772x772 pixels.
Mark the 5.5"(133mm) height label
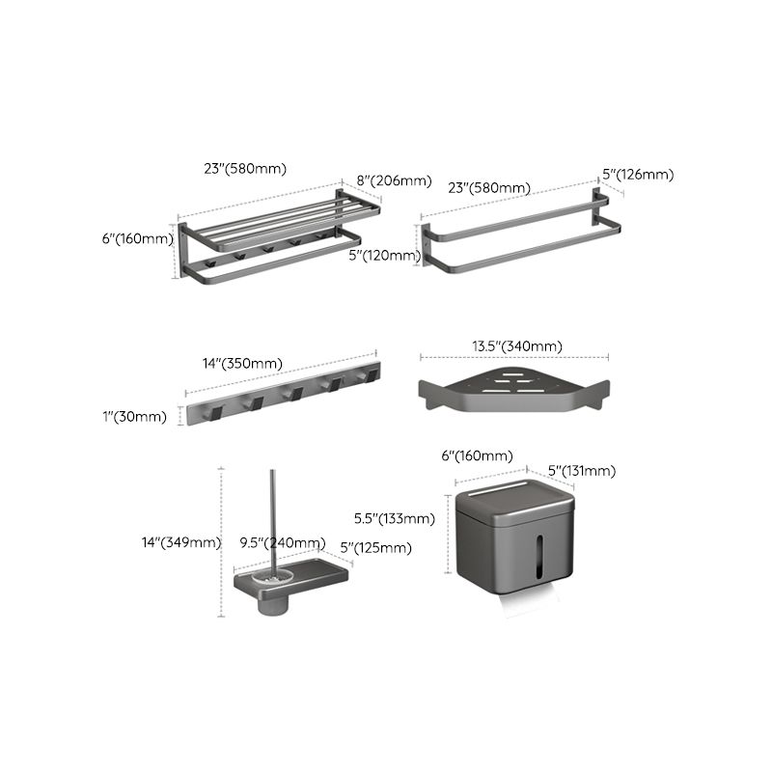click(x=395, y=518)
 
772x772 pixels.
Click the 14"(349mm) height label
click(x=181, y=542)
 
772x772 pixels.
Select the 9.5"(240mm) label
click(x=284, y=542)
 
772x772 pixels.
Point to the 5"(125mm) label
click(x=375, y=548)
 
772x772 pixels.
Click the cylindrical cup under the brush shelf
click(x=272, y=606)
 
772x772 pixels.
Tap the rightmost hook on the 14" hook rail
click(x=363, y=376)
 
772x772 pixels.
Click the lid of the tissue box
click(x=514, y=497)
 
